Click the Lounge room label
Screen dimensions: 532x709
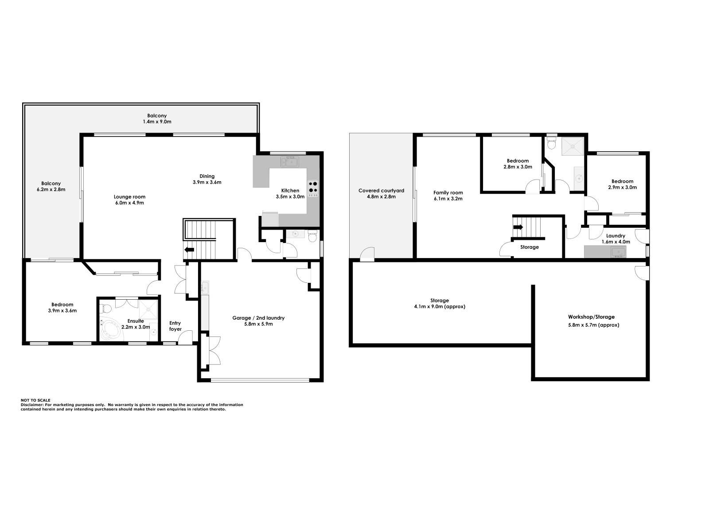point(129,197)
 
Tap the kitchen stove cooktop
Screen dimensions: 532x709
point(313,188)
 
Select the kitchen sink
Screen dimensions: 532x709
point(291,162)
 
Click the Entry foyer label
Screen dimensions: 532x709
point(175,326)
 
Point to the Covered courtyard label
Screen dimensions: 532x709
point(381,191)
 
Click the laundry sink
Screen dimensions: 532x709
point(618,252)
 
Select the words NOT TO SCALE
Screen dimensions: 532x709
point(35,400)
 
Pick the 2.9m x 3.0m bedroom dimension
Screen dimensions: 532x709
point(622,187)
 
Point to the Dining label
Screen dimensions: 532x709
point(207,176)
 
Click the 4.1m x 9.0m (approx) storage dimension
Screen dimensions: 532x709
point(439,306)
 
